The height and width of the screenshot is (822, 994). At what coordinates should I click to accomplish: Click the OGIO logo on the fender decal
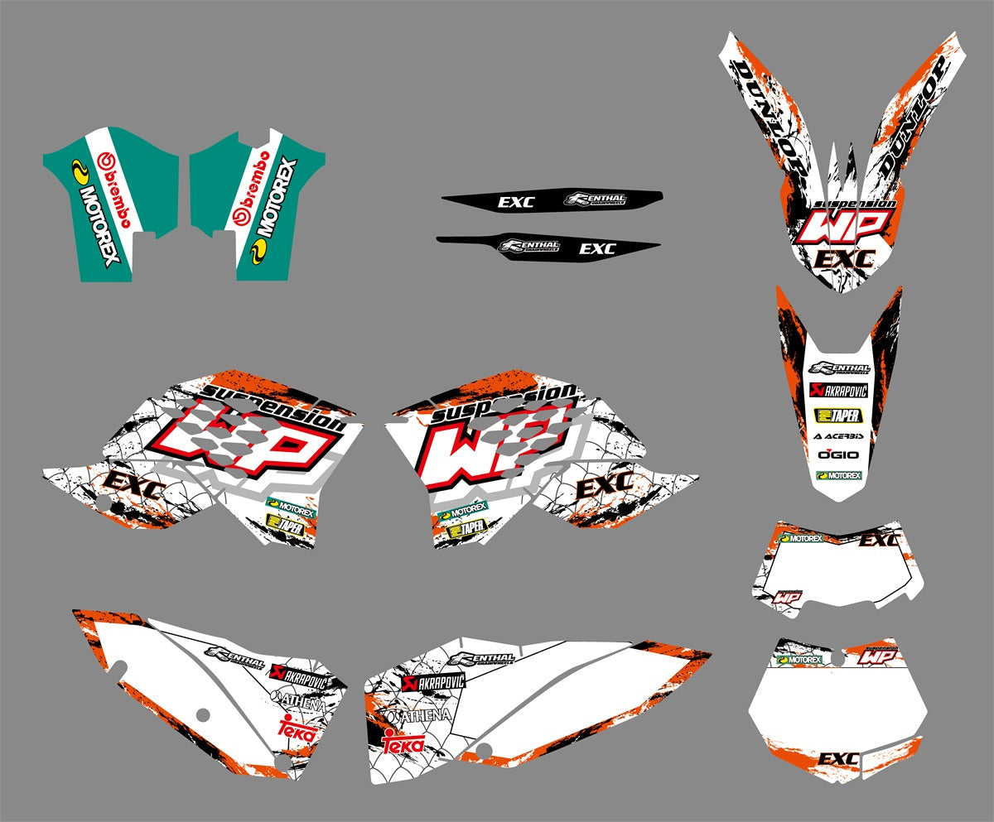838,454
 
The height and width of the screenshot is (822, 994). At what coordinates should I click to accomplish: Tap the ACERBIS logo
838,435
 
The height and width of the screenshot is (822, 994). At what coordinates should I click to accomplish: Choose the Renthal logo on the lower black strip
529,246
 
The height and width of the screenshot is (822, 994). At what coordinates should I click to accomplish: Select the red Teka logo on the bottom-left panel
297,729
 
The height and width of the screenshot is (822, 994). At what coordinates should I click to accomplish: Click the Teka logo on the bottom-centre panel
403,743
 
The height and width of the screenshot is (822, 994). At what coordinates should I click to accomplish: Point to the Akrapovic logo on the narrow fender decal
838,391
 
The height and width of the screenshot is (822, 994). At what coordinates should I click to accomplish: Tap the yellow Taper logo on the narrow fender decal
838,414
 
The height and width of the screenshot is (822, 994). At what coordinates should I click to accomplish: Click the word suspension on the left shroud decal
273,404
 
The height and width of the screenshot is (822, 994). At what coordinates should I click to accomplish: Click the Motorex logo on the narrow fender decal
838,476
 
